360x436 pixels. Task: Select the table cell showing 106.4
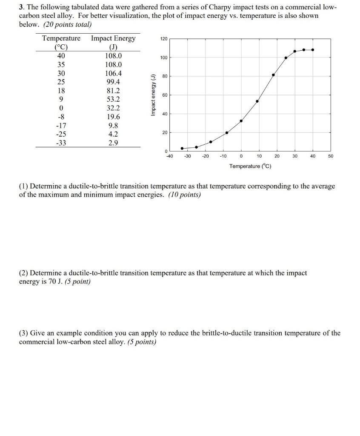tap(113, 73)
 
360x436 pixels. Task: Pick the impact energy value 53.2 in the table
tap(113, 99)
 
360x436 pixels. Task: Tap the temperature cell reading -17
tap(61, 126)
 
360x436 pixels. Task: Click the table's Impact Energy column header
tap(113, 38)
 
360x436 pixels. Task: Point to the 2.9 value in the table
tap(113, 143)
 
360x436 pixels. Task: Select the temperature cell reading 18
tap(61, 91)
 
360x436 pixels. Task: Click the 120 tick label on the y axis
tap(163, 39)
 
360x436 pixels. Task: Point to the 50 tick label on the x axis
tap(331, 156)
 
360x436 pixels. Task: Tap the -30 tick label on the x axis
tap(187, 156)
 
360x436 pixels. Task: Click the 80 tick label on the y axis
tap(164, 76)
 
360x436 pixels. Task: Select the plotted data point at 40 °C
tap(313, 50)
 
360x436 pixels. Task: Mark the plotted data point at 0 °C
tap(241, 121)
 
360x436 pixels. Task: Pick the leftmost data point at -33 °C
tap(182, 148)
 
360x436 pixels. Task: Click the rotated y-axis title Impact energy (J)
tap(153, 95)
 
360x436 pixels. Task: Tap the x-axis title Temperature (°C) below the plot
tap(250, 166)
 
